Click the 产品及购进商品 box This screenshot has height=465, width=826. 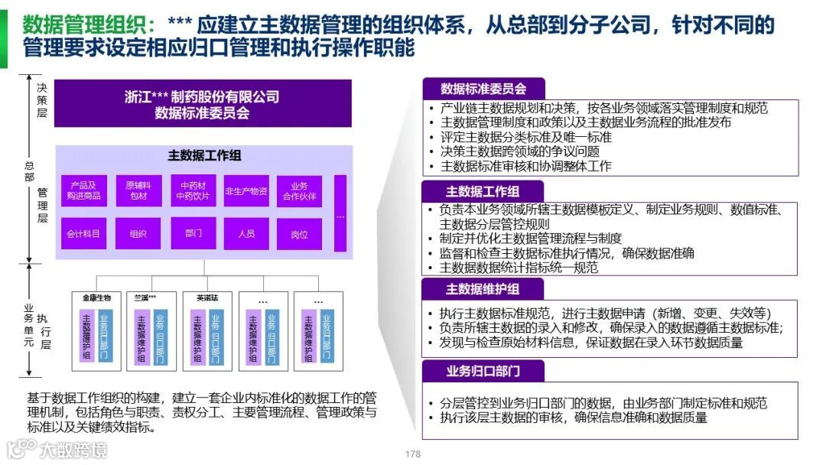[83, 191]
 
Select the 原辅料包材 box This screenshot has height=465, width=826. [138, 191]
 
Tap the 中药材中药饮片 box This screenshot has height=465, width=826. [193, 191]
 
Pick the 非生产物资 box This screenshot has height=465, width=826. [246, 191]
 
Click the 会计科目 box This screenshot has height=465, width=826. [83, 233]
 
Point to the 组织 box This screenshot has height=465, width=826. [138, 233]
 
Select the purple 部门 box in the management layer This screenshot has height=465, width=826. [193, 232]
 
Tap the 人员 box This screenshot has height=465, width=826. [246, 233]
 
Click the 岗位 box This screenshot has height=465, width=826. [299, 234]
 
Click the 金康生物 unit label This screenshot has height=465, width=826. [96, 298]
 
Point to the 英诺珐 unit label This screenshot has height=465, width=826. [206, 298]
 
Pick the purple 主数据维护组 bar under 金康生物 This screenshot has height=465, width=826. [86, 336]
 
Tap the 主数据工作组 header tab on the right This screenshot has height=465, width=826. [483, 191]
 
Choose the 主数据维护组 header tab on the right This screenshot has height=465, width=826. [483, 288]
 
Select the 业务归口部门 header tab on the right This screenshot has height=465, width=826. [483, 371]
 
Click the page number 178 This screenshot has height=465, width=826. [413, 454]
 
